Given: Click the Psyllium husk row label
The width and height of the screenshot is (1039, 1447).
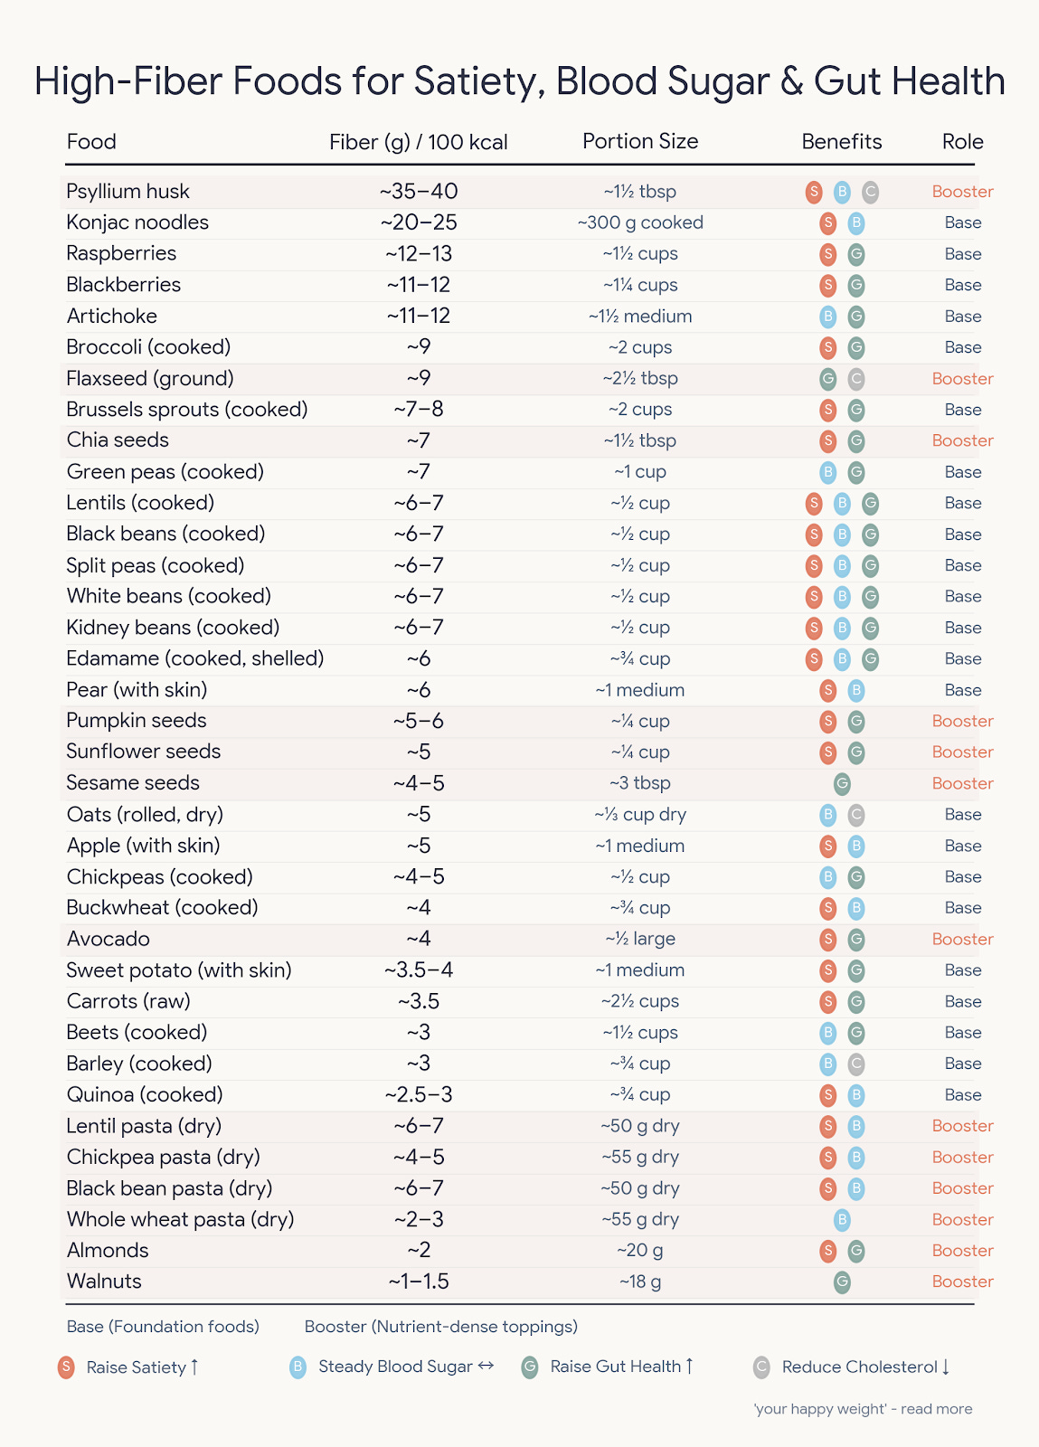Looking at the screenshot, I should click(128, 192).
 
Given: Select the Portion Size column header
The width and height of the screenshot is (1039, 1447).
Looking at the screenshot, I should click(640, 142).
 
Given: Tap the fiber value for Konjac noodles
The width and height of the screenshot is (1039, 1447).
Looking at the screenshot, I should click(419, 222).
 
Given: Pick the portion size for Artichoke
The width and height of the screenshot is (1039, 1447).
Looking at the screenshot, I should click(640, 317).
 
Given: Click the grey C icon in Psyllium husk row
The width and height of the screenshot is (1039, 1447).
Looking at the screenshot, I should click(870, 192).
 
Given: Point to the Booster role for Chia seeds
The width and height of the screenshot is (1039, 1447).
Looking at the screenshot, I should click(962, 440).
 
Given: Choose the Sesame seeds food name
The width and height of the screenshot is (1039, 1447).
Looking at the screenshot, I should click(133, 783).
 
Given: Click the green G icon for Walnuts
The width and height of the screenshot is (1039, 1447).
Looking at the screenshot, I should click(842, 1281).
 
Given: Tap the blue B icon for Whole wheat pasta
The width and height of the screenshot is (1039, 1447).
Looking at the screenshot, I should click(842, 1220).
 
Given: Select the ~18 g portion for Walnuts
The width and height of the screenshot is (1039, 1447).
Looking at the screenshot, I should click(640, 1281).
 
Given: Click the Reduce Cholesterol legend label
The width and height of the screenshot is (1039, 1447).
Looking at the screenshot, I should click(859, 1367).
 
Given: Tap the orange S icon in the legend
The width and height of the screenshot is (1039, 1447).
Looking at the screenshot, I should click(66, 1367).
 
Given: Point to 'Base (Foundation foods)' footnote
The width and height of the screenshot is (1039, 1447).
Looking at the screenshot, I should click(163, 1327).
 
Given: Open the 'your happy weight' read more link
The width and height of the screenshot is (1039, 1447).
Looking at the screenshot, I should click(863, 1409).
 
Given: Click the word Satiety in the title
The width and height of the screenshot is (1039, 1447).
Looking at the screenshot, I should click(477, 81).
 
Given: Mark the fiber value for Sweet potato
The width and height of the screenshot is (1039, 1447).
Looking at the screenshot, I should click(419, 970).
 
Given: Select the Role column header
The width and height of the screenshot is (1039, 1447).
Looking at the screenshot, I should click(962, 142).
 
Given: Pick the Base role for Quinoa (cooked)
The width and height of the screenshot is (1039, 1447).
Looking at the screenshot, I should click(962, 1095).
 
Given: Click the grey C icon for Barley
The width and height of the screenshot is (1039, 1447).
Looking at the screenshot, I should click(856, 1064).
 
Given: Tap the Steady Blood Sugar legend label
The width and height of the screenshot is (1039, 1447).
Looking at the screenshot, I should click(395, 1367).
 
